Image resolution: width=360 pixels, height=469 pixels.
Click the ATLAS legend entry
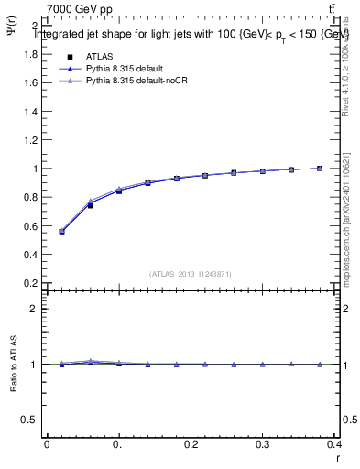[99, 56]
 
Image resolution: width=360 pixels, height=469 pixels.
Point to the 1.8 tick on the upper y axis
[29, 54]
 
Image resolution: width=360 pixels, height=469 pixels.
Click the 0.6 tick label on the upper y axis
[29, 226]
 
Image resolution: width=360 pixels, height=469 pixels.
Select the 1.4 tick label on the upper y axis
[29, 112]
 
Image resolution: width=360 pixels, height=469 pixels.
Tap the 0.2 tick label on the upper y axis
[29, 283]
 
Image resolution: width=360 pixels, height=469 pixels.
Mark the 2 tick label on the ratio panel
[33, 309]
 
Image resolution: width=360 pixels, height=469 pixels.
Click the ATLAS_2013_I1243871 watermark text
[190, 274]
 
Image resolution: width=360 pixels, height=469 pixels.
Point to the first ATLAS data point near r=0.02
[61, 231]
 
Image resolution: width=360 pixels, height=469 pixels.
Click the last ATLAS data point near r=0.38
[320, 169]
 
